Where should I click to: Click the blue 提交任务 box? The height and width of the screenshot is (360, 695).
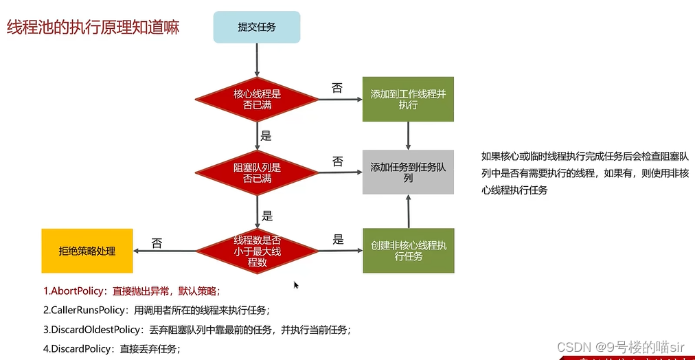coord(257,27)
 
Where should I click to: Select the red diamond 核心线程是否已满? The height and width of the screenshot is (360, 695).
coord(257,100)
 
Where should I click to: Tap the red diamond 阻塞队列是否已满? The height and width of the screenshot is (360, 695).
coord(257,172)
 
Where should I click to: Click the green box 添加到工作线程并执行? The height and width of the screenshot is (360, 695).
coord(408,100)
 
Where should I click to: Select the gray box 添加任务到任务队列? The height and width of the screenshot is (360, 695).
coord(408,172)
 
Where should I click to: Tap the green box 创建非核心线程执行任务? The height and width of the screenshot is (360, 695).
coord(408,251)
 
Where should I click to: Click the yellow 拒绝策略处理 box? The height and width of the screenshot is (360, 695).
coord(87,251)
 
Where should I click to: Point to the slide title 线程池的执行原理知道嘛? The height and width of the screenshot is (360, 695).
coord(93,29)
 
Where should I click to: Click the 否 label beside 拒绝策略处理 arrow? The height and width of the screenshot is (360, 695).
coord(157,243)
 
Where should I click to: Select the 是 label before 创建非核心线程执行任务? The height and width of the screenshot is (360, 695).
coord(338,240)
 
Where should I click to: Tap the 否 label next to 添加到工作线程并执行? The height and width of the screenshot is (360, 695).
coord(337,88)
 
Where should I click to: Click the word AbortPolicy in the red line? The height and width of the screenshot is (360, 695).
coord(78,290)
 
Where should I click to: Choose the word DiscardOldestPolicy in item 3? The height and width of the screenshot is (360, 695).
coord(96,330)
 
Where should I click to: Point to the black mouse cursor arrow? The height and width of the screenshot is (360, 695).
coord(296,284)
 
